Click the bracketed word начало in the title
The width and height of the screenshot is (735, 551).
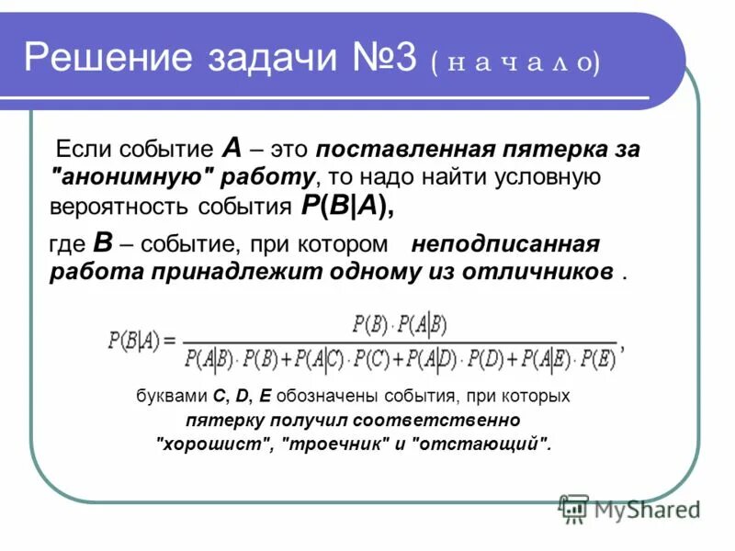click(x=514, y=63)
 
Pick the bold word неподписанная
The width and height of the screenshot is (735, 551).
click(x=505, y=245)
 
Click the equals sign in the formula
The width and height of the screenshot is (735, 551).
click(x=168, y=341)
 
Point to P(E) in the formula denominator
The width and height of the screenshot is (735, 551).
click(x=594, y=359)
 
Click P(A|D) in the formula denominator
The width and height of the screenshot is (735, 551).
click(x=431, y=359)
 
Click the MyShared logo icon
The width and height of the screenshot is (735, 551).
click(x=574, y=507)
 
